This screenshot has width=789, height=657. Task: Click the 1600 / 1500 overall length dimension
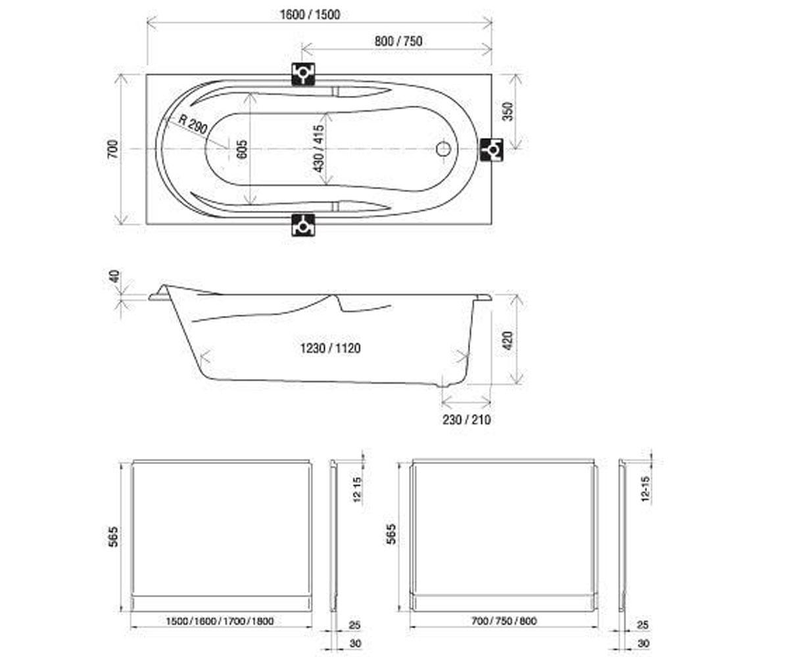310,14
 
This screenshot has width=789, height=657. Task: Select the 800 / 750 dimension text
398,41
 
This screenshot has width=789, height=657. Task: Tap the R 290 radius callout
193,124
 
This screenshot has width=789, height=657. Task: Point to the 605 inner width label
243,149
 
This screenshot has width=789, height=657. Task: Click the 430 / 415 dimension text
319,148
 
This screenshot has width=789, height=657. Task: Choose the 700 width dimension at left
112,149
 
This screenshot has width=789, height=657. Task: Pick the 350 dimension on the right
509,112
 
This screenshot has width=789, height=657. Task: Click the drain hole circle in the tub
443,148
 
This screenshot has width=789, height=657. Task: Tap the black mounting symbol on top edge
303,74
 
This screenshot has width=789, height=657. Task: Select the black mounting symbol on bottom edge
303,225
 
